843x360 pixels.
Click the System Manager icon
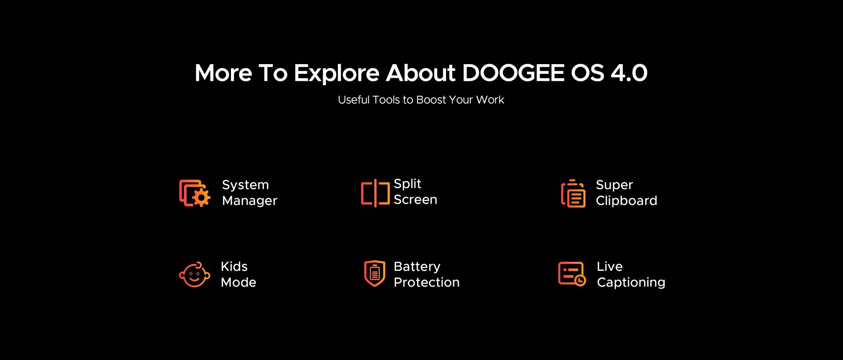pos(195,193)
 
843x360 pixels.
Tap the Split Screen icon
pos(375,193)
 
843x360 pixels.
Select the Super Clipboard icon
pos(573,193)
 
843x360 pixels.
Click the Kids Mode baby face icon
pos(195,275)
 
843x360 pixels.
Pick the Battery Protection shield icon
pos(375,273)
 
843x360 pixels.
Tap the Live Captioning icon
pos(572,274)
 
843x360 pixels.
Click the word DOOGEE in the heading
pos(513,73)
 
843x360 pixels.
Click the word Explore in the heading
pos(336,73)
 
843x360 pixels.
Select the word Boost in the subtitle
pos(431,100)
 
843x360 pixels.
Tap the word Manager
pos(249,201)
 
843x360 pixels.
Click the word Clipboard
pos(627,201)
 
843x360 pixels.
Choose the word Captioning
pos(631,282)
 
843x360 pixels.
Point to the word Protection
pos(426,282)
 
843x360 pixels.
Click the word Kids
pos(234,266)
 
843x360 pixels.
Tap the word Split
pos(407,184)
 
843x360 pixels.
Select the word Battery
pos(417,267)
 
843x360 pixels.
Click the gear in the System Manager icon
pos(202,198)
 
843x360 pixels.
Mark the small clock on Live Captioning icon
pos(580,281)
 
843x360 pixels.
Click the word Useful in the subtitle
pos(354,100)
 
